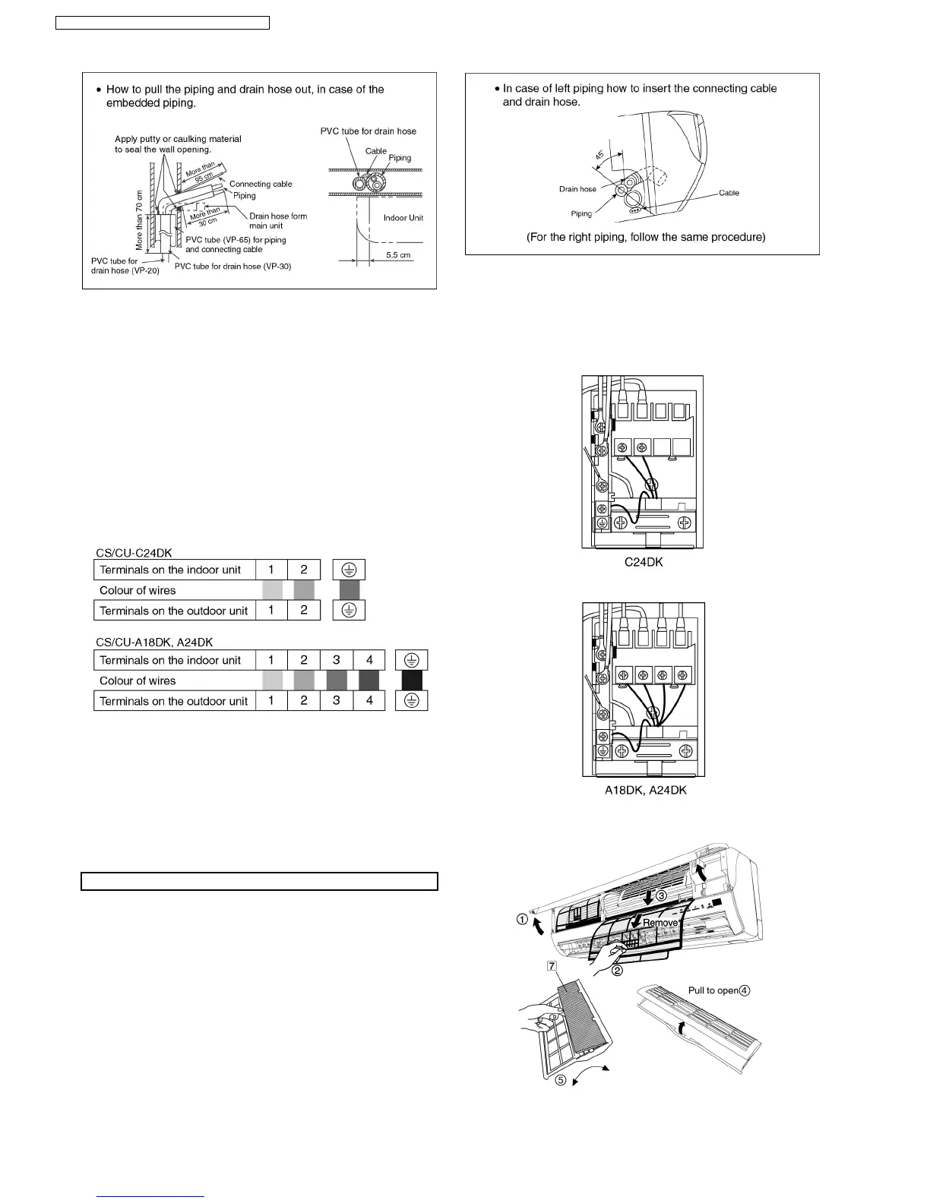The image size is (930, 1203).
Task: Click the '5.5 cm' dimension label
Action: click(x=398, y=255)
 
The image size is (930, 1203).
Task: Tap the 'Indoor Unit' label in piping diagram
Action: click(x=403, y=218)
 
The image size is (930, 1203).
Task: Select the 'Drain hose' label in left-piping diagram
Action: click(x=577, y=189)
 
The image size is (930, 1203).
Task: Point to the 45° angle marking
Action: click(x=599, y=156)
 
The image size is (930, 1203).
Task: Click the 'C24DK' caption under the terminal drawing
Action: click(x=643, y=562)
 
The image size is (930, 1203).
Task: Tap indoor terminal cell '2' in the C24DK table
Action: click(x=304, y=570)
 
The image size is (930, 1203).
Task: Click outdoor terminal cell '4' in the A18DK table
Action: click(x=369, y=701)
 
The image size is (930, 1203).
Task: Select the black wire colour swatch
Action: click(x=412, y=680)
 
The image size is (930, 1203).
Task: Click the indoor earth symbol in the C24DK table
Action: click(x=349, y=570)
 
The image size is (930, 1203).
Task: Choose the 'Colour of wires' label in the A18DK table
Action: click(x=138, y=680)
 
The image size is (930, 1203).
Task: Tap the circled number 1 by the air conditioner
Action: click(x=522, y=919)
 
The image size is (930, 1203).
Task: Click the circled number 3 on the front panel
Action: click(x=662, y=896)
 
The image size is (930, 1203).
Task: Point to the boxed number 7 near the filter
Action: click(x=552, y=966)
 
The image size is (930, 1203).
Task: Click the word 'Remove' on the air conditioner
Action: click(x=660, y=922)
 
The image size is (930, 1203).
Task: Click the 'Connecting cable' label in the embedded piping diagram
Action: click(x=261, y=184)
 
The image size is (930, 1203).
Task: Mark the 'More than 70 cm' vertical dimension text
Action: click(x=139, y=221)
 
